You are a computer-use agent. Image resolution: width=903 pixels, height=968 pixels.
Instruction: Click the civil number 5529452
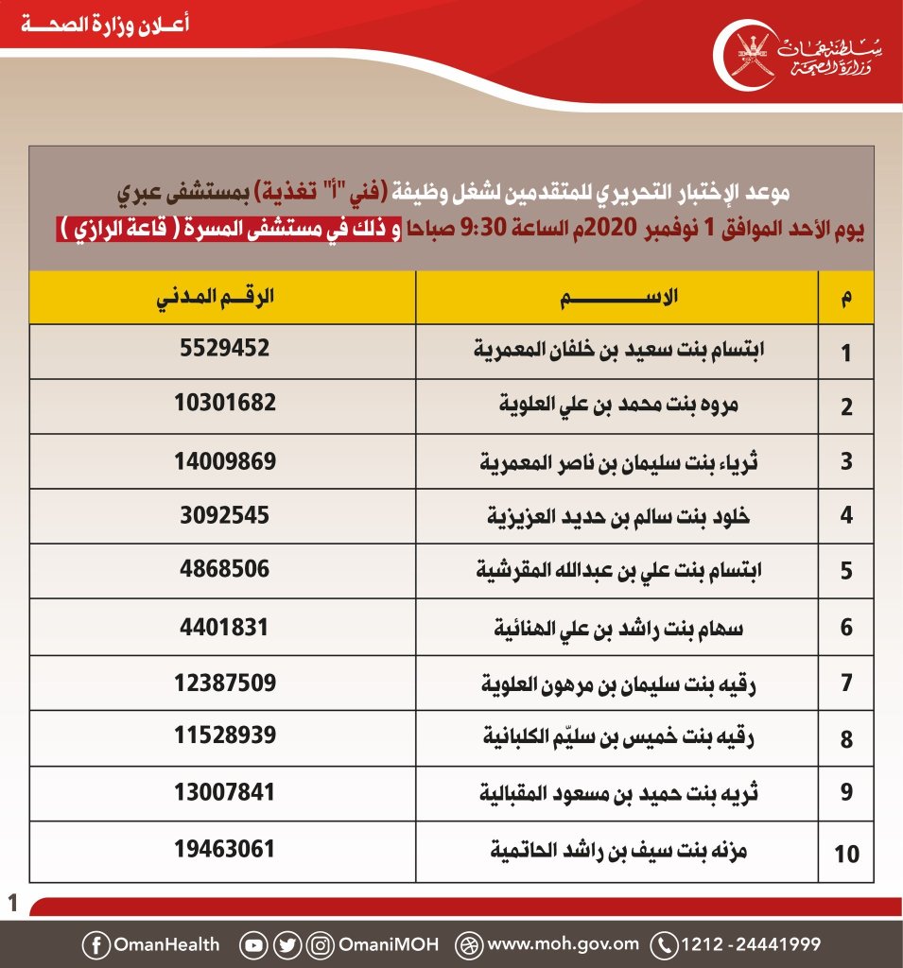(x=225, y=349)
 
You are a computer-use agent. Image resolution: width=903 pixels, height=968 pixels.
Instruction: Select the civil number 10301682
(x=225, y=404)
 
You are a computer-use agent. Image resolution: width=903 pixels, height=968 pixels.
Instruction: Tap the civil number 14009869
(x=225, y=460)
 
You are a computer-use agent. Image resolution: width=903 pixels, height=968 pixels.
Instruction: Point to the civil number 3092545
(x=225, y=515)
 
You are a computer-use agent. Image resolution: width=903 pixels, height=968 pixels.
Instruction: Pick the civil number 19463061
(x=225, y=849)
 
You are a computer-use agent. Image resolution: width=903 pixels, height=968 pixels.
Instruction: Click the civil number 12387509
(x=225, y=682)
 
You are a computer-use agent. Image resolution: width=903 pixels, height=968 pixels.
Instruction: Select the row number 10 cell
(x=846, y=855)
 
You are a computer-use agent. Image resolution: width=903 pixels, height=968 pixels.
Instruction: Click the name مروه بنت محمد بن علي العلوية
(x=618, y=406)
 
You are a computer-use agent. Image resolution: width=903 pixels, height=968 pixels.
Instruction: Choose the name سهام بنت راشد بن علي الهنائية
(x=618, y=627)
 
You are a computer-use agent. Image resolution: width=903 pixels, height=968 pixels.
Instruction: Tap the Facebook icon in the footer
(x=96, y=943)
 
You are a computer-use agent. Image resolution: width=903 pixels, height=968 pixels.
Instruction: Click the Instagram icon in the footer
(x=322, y=943)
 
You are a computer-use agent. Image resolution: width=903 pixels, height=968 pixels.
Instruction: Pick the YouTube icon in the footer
(x=253, y=943)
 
